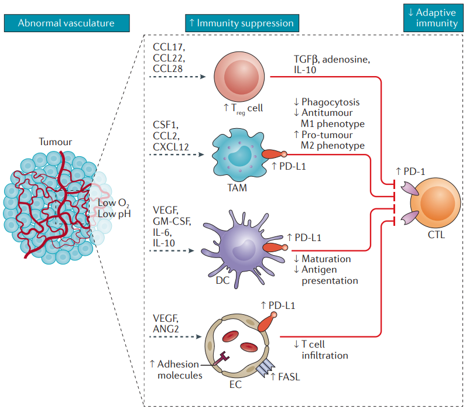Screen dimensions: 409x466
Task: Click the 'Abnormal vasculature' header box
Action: (x=66, y=23)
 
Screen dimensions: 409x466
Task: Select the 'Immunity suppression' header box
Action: (x=241, y=23)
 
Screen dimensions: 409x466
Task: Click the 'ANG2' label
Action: (x=166, y=329)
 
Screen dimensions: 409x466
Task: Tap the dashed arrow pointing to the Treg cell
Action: (x=176, y=77)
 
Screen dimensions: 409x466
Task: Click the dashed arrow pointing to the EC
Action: (x=176, y=338)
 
